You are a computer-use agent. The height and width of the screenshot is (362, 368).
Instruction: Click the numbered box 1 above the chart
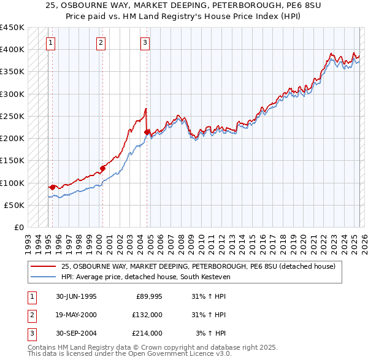tap(50, 42)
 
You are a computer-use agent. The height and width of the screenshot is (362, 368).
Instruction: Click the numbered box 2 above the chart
tap(100, 42)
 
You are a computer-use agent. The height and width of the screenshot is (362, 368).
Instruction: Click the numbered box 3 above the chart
tap(145, 42)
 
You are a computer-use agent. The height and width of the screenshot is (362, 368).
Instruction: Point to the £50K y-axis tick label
tap(13, 206)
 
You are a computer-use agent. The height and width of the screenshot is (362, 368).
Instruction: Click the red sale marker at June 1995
tap(53, 187)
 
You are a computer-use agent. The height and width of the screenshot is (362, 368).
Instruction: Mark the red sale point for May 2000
tap(102, 168)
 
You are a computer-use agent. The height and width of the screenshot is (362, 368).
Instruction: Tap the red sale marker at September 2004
tap(147, 132)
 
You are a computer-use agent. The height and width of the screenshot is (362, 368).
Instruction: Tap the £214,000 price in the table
tap(147, 333)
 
